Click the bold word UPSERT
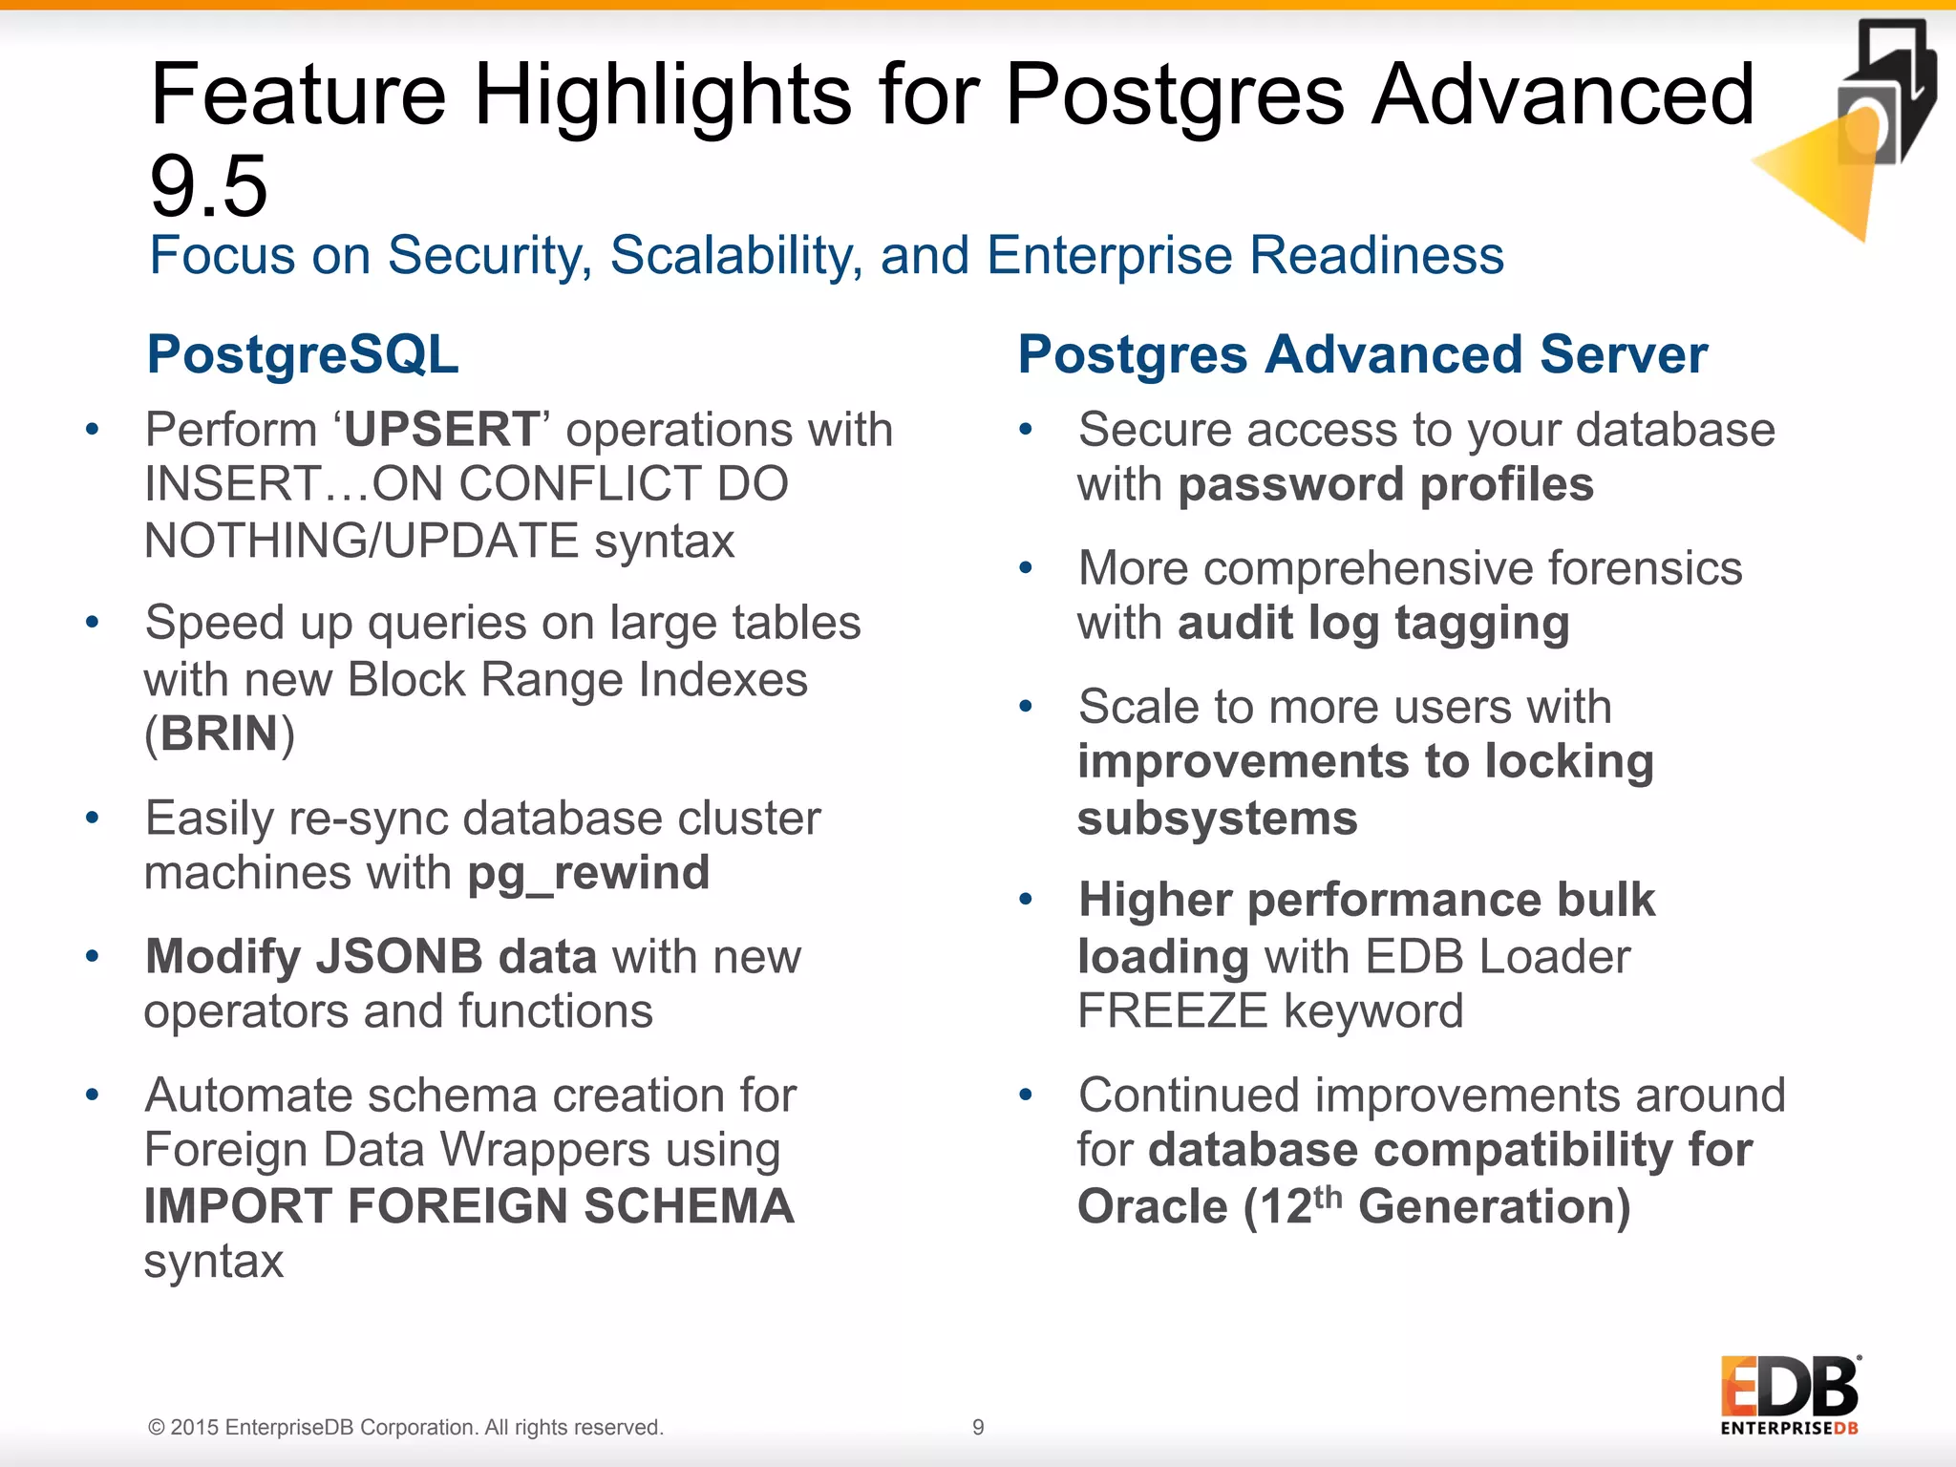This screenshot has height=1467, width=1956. (442, 430)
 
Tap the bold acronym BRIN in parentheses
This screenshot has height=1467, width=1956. (219, 733)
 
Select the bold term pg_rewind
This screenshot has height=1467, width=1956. (588, 873)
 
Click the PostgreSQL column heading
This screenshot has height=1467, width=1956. (303, 354)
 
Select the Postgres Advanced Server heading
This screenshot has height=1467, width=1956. (1362, 354)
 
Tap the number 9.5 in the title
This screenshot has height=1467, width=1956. (209, 186)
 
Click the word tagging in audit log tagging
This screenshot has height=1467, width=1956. (1481, 624)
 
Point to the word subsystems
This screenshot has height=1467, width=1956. (1217, 819)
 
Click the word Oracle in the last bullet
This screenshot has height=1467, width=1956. (1152, 1206)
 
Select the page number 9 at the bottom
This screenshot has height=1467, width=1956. (978, 1427)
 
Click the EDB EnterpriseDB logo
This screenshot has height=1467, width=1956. (1790, 1394)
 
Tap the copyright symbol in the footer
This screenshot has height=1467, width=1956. (156, 1428)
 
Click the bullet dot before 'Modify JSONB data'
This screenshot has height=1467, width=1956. (93, 956)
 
